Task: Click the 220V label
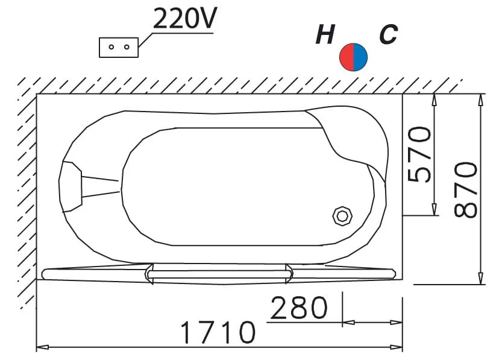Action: tap(185, 18)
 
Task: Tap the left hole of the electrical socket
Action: tap(111, 47)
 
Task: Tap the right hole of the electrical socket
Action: tap(127, 47)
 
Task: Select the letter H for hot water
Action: tap(325, 34)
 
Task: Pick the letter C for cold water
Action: tap(388, 34)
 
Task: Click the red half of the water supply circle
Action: tap(347, 57)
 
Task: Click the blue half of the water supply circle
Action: tap(360, 57)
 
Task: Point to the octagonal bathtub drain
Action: tap(342, 216)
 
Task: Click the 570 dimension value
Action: tap(419, 154)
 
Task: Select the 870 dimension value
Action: tap(466, 189)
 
